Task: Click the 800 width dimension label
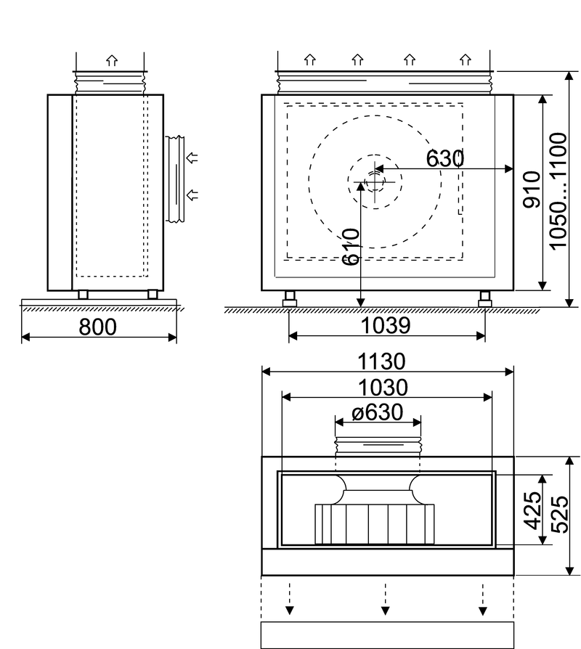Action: [98, 327]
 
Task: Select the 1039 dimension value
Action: [386, 326]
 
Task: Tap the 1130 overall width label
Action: [381, 362]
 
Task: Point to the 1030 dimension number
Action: [383, 388]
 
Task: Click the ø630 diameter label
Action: [377, 412]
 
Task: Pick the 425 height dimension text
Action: [533, 510]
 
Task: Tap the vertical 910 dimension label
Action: [532, 189]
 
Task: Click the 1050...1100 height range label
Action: [558, 191]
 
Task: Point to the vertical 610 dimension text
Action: [352, 246]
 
